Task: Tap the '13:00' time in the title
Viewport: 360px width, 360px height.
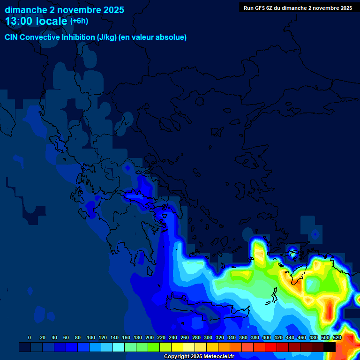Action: (19, 21)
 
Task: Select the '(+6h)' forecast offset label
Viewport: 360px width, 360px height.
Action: (79, 21)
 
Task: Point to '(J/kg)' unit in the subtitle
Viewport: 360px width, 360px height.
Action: (107, 37)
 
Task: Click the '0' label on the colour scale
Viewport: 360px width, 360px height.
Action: (30, 338)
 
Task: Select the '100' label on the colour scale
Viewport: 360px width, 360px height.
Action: (91, 338)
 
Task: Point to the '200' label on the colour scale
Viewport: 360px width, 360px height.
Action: (150, 338)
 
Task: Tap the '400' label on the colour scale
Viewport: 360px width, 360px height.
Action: (267, 338)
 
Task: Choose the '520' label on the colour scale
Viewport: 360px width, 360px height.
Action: (337, 338)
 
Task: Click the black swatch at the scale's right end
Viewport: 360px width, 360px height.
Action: (330, 347)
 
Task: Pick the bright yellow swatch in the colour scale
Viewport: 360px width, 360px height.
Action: (177, 347)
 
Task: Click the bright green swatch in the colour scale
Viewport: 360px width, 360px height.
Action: (154, 347)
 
